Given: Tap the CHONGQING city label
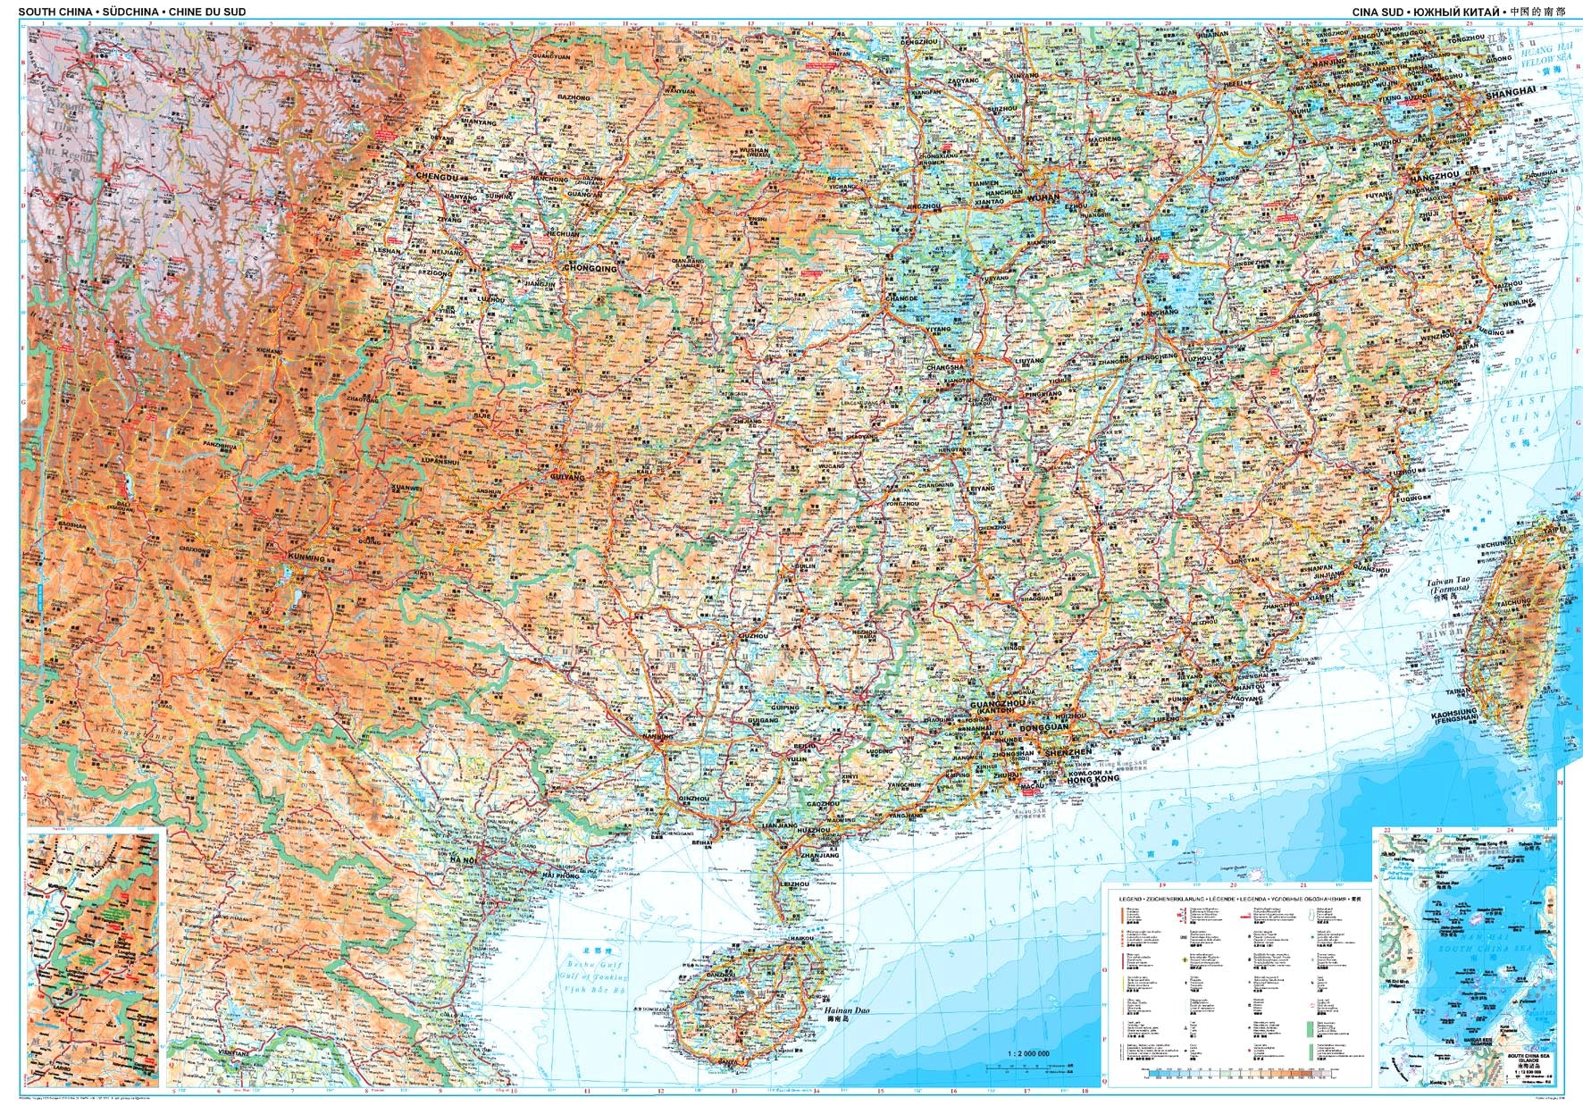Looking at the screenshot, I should click(590, 267).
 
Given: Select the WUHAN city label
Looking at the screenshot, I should click(1043, 197).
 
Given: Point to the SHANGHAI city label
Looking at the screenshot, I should click(1510, 92).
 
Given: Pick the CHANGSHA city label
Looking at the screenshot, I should click(945, 366).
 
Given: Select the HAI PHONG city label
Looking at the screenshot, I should click(561, 876).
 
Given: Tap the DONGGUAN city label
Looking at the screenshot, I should click(1043, 728).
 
